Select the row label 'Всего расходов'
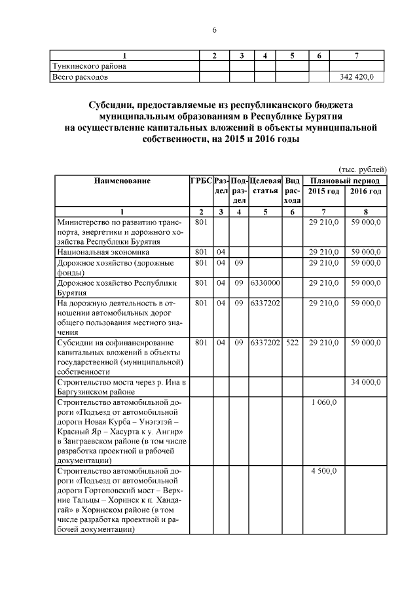[81, 77]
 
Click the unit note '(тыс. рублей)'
[362, 169]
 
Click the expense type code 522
[293, 342]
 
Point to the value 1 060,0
[324, 402]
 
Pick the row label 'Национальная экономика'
[103, 252]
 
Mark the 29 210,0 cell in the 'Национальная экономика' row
[324, 252]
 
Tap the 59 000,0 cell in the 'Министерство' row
[366, 223]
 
